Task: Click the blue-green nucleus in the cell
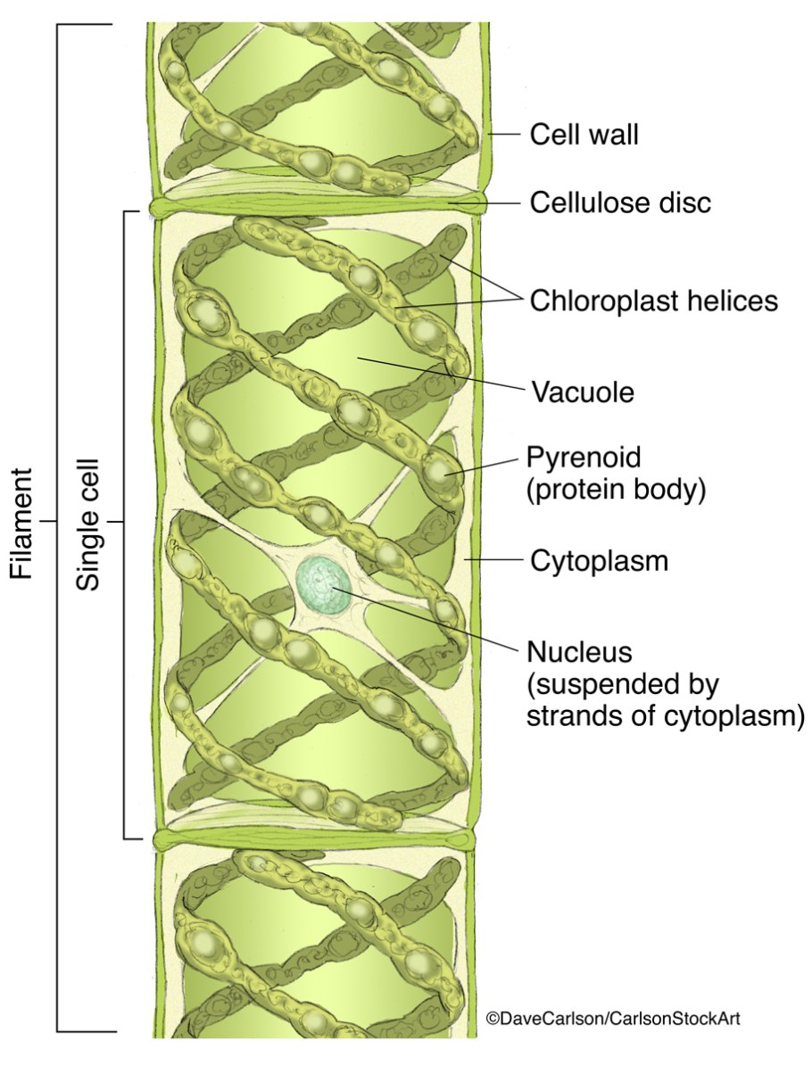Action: coord(324,585)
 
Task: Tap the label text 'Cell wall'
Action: coord(584,136)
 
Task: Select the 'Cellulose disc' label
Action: coord(620,202)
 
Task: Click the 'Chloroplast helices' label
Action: coord(653,301)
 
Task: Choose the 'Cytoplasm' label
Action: coord(599,561)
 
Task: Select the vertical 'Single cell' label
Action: coord(88,524)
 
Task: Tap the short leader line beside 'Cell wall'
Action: coord(505,136)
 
